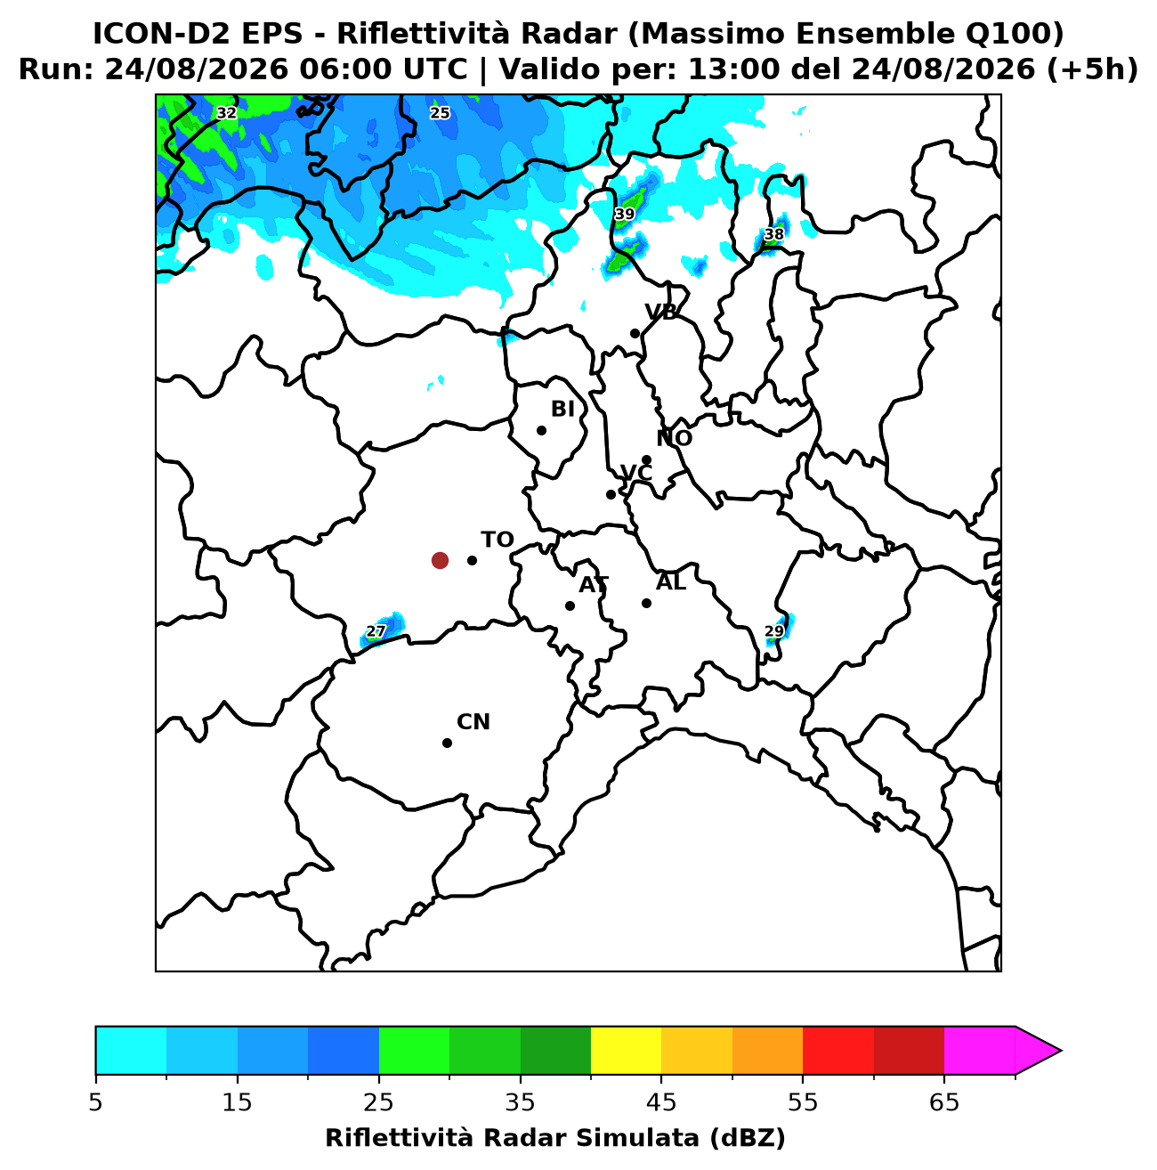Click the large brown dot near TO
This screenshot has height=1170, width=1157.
click(440, 560)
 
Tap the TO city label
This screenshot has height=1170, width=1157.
click(498, 540)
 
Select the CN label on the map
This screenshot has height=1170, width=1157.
click(473, 722)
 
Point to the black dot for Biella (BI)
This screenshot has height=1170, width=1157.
click(541, 430)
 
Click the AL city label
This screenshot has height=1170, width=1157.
click(671, 581)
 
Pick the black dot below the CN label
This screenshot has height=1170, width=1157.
click(447, 743)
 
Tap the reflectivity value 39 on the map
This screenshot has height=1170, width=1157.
click(624, 214)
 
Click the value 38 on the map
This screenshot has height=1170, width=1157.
click(773, 234)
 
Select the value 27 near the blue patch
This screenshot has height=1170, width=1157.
click(376, 630)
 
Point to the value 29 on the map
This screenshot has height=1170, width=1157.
click(773, 630)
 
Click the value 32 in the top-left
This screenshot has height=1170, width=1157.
click(226, 112)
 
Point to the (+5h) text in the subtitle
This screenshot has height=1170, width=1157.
click(1092, 69)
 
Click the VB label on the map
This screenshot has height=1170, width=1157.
click(660, 312)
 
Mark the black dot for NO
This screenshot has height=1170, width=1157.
click(646, 460)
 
